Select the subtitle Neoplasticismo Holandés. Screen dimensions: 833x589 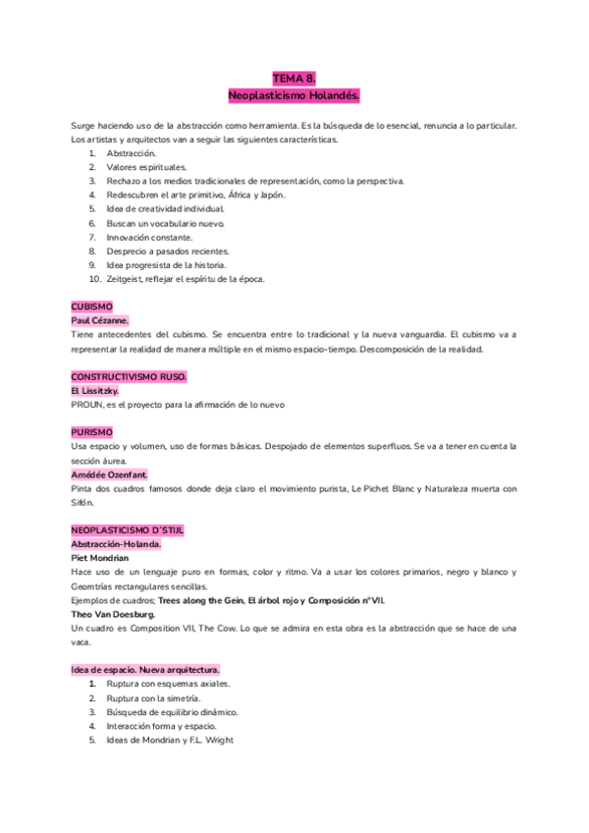294,95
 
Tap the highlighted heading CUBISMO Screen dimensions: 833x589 92,306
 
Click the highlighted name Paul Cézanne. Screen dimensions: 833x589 100,320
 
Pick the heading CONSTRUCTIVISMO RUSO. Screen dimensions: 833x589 129,376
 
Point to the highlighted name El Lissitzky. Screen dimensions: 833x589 95,390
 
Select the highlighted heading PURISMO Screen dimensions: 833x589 92,431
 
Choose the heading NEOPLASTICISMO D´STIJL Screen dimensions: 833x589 128,529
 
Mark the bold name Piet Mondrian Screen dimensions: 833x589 100,557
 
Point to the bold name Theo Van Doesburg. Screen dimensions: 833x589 112,613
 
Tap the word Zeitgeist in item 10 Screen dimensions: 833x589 125,279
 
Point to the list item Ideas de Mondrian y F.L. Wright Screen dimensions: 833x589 170,740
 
